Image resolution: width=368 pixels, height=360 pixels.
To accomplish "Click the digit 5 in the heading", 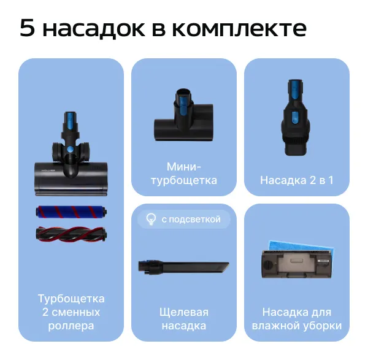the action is pos(28,28).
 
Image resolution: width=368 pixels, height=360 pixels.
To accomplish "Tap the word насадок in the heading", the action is pos(94,29).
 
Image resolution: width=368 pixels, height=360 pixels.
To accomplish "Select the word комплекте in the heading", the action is pos(239,29).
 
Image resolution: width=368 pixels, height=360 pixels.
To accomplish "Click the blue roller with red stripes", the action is pos(71,212).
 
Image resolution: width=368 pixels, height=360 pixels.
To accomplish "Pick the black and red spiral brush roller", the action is pos(71,234).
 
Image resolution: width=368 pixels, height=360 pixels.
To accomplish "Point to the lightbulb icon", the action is pos(151,220).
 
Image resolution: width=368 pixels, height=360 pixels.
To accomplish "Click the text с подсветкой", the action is pos(191,220).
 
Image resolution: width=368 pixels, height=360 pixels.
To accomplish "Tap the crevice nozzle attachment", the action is pos(183,267).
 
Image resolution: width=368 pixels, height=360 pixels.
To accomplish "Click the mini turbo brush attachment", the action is pos(183,115).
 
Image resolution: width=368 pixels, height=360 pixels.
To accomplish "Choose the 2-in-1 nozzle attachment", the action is pos(296,117).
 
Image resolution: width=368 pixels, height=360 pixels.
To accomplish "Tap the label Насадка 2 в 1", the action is pos(297,180).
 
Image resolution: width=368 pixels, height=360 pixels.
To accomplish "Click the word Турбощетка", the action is pos(71,299).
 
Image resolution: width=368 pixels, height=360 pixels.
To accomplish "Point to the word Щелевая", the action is pos(184,313).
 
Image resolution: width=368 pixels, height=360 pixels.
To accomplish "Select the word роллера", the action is pos(71,326).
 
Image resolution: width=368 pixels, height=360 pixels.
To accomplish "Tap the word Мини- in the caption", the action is pos(184,167).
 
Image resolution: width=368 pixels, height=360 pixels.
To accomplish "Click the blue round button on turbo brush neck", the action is pos(71,150).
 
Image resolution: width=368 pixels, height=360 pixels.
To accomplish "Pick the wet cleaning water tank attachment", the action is pos(297,264).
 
